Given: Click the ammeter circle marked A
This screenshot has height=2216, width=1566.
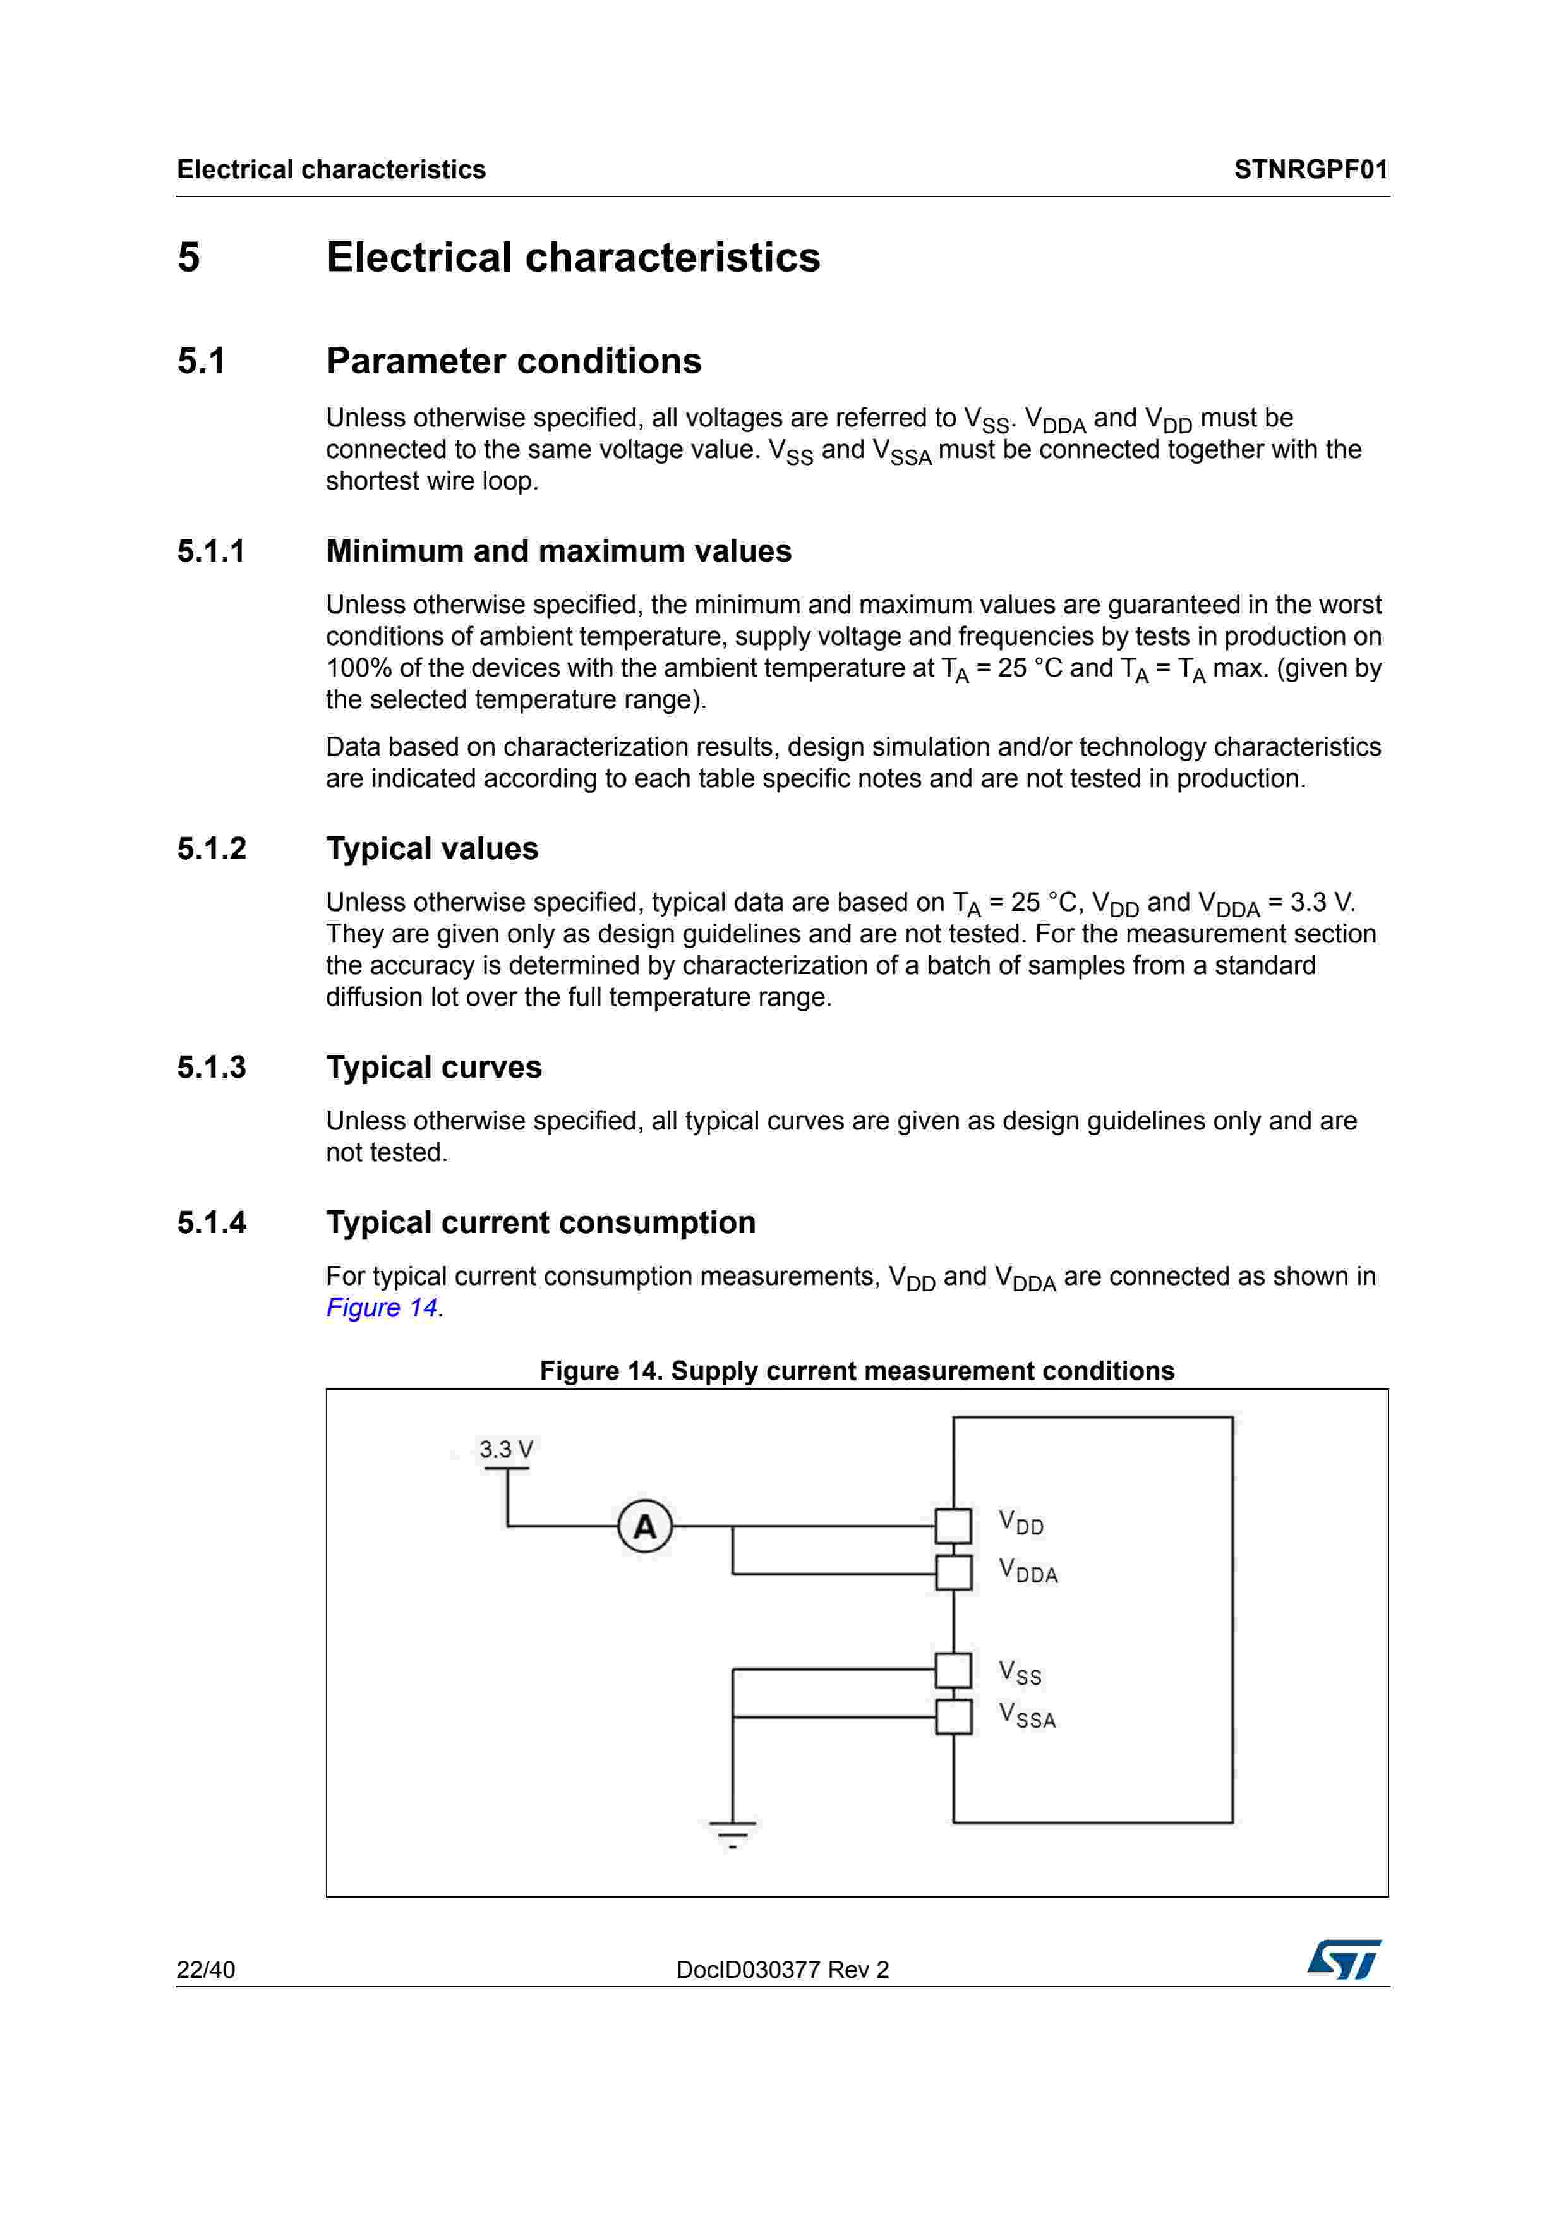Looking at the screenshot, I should pyautogui.click(x=644, y=1526).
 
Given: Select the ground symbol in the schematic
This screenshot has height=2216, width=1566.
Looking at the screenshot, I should pyautogui.click(x=732, y=1831).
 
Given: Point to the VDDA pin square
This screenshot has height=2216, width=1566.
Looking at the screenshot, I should pyautogui.click(x=953, y=1573).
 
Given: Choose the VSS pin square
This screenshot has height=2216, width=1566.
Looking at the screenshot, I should pyautogui.click(x=953, y=1670).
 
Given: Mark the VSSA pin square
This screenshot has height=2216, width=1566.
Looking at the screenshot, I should pyautogui.click(x=953, y=1717).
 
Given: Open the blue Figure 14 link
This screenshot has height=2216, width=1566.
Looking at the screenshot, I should pyautogui.click(x=382, y=1308).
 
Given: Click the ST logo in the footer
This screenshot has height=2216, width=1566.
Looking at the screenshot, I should pyautogui.click(x=1344, y=1960).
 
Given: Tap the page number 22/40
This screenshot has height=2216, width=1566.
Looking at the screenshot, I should pyautogui.click(x=205, y=1970).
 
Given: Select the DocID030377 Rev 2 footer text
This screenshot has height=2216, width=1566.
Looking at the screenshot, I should pyautogui.click(x=783, y=1970).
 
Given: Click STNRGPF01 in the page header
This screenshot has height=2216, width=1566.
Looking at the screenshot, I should pyautogui.click(x=1310, y=170).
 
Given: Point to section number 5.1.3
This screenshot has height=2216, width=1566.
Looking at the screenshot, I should pyautogui.click(x=212, y=1068).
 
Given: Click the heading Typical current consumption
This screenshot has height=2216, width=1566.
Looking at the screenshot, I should pyautogui.click(x=540, y=1223).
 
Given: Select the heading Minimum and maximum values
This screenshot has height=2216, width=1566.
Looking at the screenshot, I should pyautogui.click(x=558, y=551).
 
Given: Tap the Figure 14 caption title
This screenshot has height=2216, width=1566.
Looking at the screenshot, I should pyautogui.click(x=857, y=1371).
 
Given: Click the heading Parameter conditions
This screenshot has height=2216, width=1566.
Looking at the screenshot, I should pyautogui.click(x=514, y=361).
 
